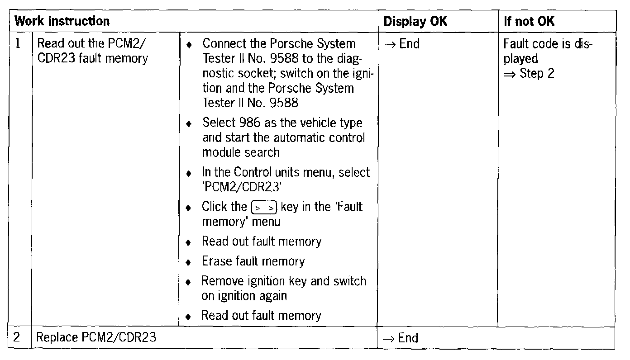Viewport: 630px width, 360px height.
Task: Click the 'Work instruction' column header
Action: (62, 21)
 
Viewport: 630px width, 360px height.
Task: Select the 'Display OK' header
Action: (415, 21)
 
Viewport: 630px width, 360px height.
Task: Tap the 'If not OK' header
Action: (529, 21)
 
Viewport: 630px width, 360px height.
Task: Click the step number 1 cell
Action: (18, 44)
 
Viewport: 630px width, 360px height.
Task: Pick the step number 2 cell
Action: (19, 338)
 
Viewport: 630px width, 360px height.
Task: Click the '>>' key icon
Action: (263, 208)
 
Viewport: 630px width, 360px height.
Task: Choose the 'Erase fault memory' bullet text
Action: (253, 261)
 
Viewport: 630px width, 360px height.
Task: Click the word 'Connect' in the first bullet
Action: (224, 44)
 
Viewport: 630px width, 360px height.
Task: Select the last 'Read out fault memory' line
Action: (261, 316)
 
